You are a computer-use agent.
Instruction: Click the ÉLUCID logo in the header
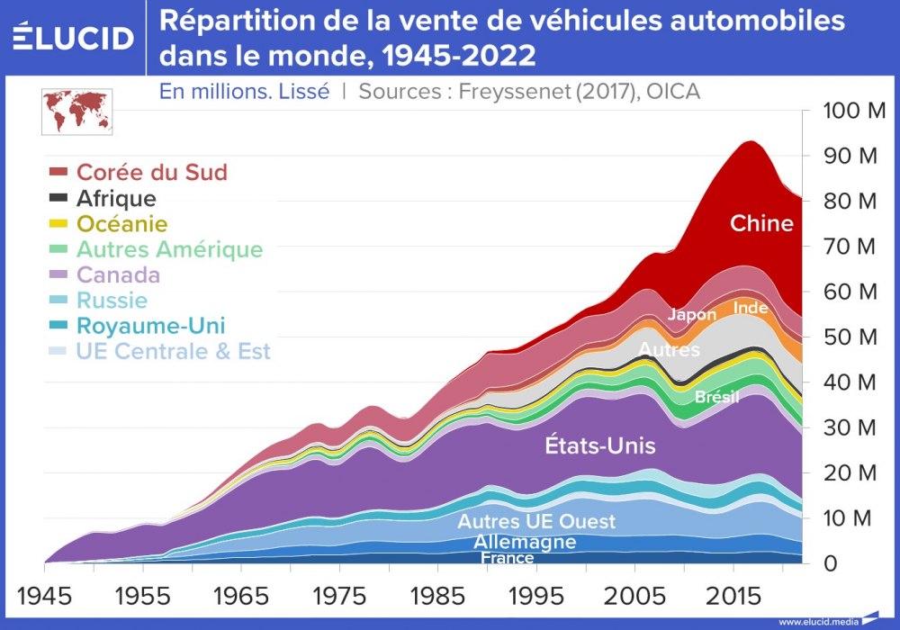pos(74,38)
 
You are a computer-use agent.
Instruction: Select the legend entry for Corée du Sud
pos(150,172)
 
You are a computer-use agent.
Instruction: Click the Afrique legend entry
pos(116,198)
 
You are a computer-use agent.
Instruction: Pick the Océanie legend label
pos(121,223)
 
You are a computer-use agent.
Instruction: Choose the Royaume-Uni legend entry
pos(150,326)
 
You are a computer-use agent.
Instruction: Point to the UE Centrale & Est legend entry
pos(173,351)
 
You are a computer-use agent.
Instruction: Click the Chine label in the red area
pos(761,223)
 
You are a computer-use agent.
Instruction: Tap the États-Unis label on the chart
pos(601,445)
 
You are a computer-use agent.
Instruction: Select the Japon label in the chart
pos(691,315)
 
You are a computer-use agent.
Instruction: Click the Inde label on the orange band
pos(751,308)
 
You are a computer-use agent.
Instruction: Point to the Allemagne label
pos(524,542)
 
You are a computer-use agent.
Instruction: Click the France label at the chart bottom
pos(507,558)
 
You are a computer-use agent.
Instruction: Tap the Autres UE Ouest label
pos(536,522)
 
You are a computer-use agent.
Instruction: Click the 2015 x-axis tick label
pos(734,597)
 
